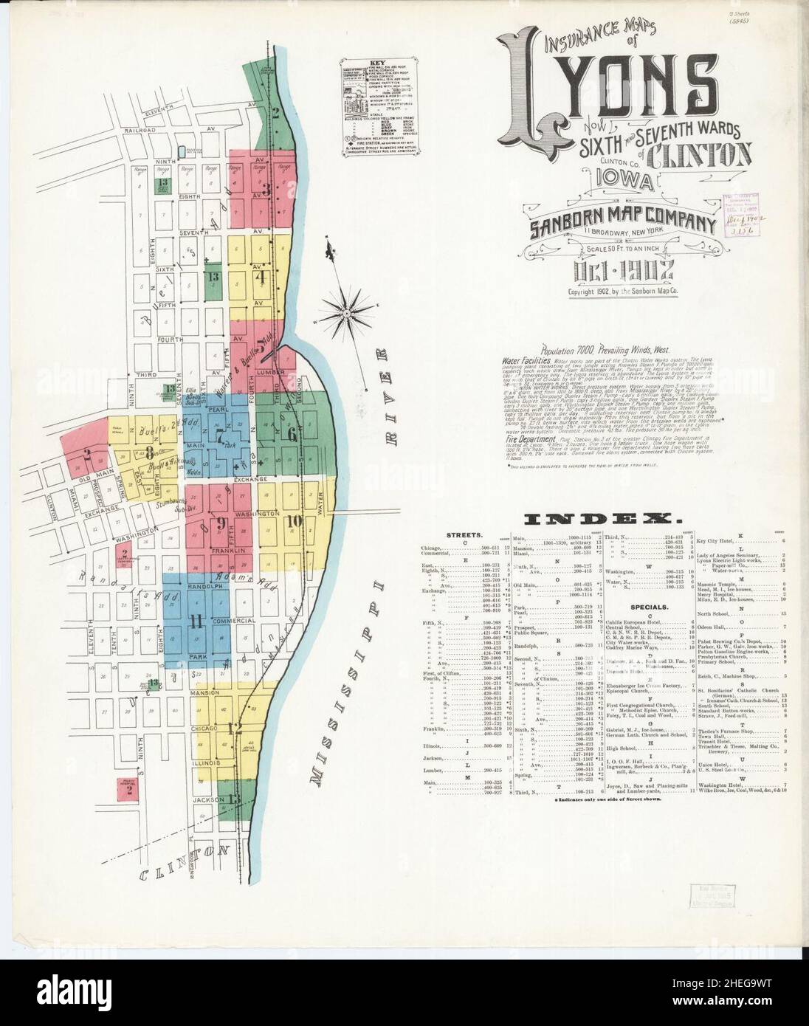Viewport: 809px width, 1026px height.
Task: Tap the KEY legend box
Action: [x=385, y=106]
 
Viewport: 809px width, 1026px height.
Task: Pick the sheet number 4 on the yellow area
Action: [x=260, y=278]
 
